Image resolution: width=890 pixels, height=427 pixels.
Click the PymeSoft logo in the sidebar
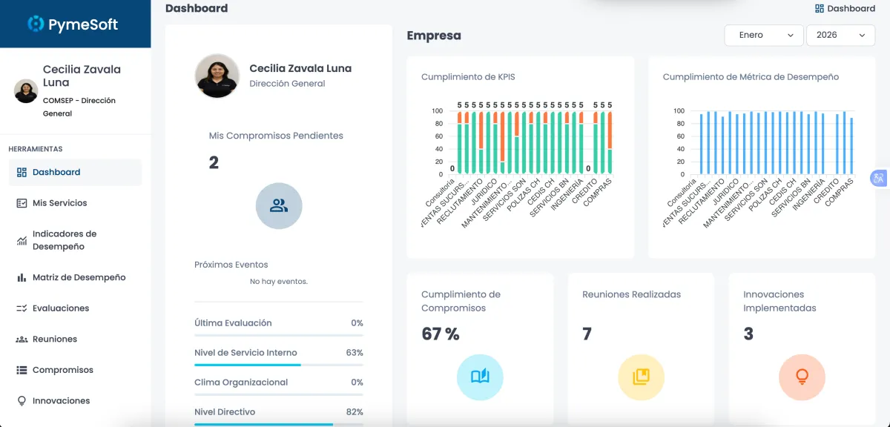pos(73,24)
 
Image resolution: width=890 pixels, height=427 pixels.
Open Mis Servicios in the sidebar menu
pos(59,203)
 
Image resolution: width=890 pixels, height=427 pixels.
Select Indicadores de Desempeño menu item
pos(64,240)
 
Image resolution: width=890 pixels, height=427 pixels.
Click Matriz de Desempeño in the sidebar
pos(79,277)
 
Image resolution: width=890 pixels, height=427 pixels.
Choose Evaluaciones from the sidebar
pos(60,308)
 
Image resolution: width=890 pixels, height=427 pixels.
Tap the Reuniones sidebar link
pos(54,339)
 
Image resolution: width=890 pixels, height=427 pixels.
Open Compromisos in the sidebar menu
pos(62,370)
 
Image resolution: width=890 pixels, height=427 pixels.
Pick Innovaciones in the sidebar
pos(61,401)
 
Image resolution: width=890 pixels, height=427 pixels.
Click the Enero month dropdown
pos(763,35)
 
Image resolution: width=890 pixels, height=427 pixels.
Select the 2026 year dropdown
pos(840,35)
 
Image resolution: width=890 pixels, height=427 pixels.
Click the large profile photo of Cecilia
pos(217,76)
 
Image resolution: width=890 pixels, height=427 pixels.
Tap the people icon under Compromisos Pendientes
pos(279,205)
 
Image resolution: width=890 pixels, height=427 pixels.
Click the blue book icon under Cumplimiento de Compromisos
pos(480,377)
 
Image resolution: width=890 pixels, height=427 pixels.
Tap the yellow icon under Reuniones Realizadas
pos(641,377)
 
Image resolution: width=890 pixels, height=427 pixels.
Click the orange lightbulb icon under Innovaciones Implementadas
pos(802,377)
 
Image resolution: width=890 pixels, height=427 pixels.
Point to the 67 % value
pos(441,334)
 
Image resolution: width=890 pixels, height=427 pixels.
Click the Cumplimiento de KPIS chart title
pos(468,77)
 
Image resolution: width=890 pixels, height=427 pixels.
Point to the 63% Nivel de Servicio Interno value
pos(355,353)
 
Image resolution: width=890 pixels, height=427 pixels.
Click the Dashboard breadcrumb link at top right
pos(845,9)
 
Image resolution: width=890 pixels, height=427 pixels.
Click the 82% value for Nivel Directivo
pos(355,412)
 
